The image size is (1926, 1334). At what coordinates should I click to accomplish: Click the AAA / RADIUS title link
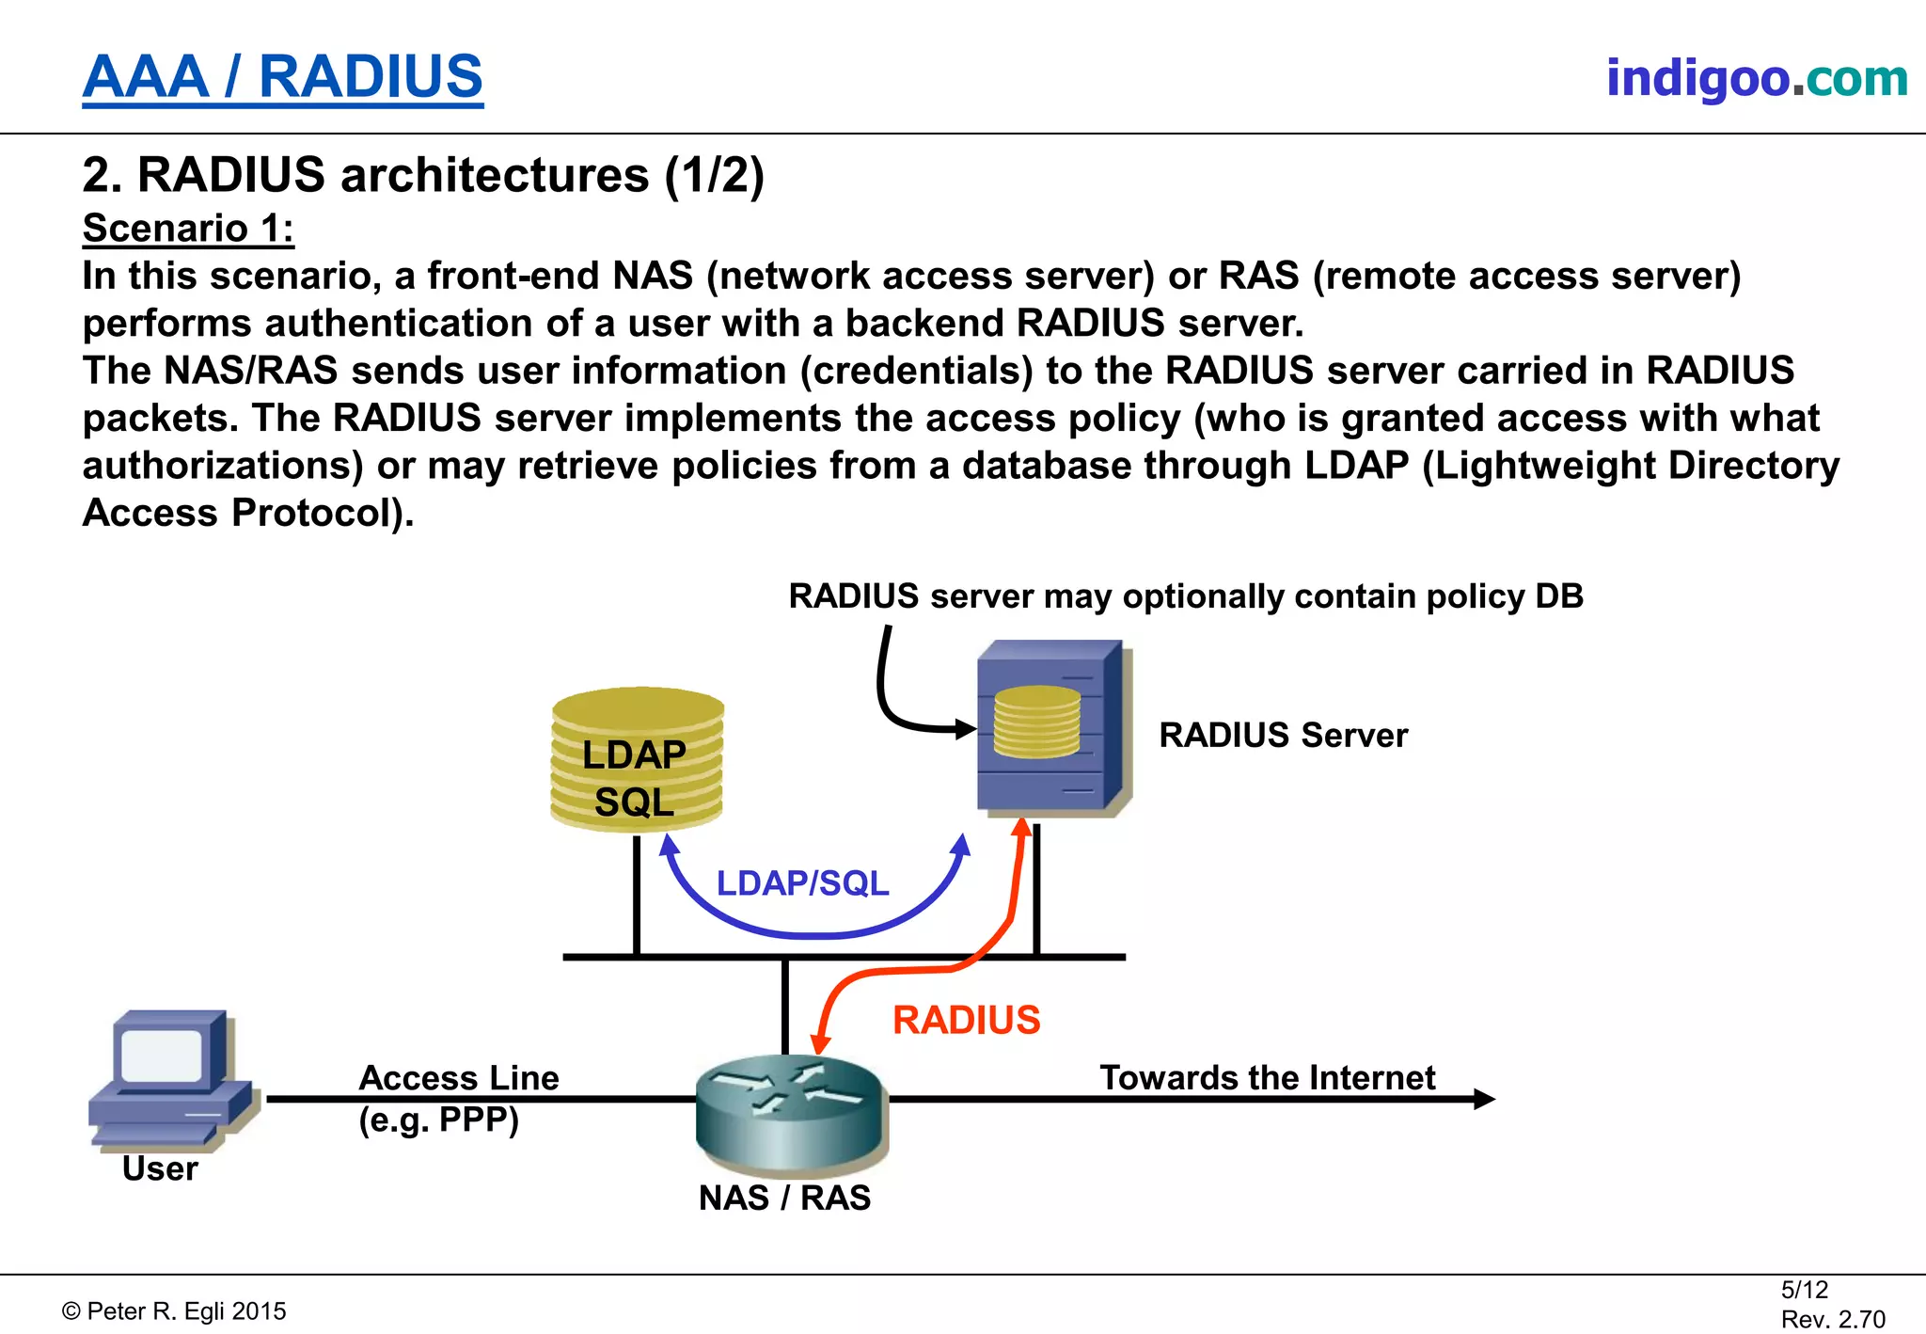[282, 77]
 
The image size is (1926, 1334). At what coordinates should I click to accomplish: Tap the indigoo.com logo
[1756, 77]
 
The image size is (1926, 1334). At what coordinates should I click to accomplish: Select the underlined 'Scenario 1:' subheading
[188, 229]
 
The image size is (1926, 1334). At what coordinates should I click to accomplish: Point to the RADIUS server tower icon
[1053, 726]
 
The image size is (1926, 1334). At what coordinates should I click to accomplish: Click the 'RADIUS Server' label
[1283, 735]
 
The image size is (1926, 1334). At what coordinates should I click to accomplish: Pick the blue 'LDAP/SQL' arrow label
[802, 883]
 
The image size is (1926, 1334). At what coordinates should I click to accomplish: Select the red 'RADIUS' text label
[966, 1020]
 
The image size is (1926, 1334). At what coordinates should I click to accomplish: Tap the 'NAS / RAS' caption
[784, 1198]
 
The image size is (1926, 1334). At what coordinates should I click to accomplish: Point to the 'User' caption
[160, 1168]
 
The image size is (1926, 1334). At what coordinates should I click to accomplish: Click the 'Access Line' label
[459, 1077]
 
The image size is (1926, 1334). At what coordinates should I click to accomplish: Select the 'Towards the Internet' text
[1267, 1077]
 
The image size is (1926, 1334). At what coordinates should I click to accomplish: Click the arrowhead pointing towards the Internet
[1484, 1099]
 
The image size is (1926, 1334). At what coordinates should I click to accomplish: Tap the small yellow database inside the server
[1036, 723]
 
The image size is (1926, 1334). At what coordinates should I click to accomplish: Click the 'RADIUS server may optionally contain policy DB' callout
[1185, 596]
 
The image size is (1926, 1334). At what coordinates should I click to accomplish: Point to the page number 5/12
[1804, 1290]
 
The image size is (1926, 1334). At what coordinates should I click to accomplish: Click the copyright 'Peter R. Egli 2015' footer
[174, 1311]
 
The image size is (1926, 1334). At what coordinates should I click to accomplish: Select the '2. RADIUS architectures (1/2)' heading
[423, 175]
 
